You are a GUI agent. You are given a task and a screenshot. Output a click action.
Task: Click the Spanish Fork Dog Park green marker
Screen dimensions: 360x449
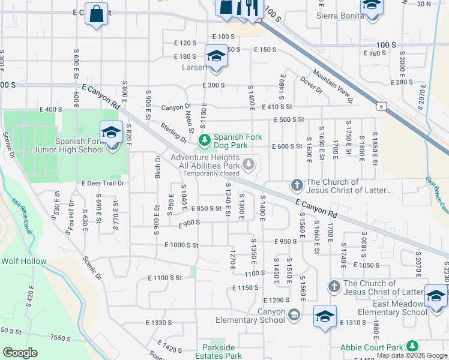[205, 140]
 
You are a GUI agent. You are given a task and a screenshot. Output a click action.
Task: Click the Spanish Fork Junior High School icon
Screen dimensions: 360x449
[111, 133]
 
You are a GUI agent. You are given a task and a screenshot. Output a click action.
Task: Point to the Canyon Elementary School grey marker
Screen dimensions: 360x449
[294, 314]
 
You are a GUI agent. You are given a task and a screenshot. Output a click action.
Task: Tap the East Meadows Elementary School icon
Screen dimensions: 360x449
[436, 296]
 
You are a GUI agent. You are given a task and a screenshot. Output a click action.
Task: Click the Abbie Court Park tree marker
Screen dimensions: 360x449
[412, 346]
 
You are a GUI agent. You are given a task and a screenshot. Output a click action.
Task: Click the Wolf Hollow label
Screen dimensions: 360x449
[23, 261]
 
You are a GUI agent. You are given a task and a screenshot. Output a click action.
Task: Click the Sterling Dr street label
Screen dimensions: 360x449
[173, 134]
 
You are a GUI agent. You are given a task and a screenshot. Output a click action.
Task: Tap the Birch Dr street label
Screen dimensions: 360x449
[158, 166]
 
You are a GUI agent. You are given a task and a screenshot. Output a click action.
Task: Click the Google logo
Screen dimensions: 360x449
[20, 353]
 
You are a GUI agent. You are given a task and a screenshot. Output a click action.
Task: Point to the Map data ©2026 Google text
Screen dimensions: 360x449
[412, 355]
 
